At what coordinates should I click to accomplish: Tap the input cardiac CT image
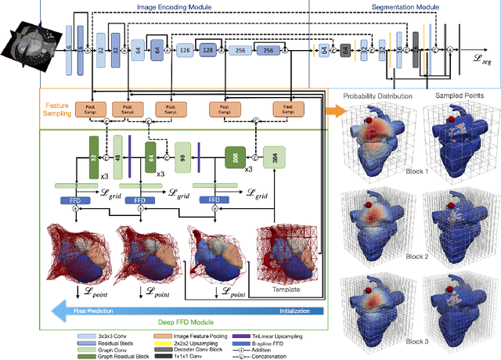[31, 47]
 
